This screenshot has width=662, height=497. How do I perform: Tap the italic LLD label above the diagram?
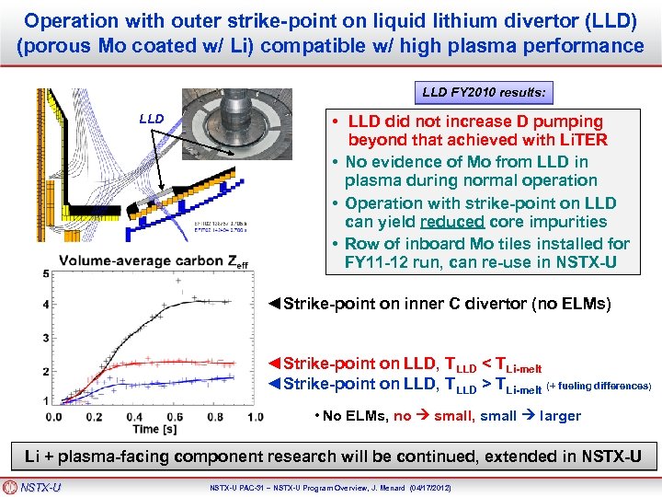tap(152, 119)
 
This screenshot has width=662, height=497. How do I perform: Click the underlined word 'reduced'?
tap(451, 222)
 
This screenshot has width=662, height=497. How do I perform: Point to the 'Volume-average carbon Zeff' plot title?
tap(154, 261)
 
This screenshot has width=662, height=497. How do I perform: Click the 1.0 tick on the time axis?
tap(255, 417)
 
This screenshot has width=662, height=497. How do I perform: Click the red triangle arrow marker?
tap(273, 364)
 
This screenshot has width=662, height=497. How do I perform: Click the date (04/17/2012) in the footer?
tap(440, 486)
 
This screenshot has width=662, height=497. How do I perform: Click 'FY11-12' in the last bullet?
tap(375, 262)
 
